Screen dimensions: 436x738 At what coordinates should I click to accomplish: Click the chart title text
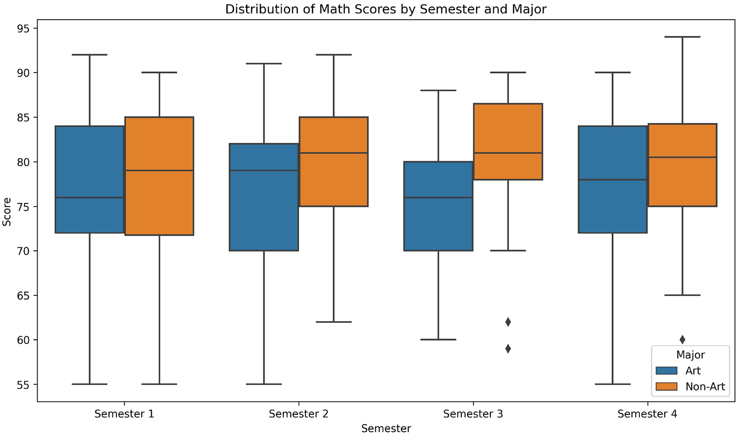(386, 9)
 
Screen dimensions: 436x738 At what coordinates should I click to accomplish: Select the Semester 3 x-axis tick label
(473, 414)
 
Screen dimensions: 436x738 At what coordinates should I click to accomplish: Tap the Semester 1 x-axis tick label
(124, 414)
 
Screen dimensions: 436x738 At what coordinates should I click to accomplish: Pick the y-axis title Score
(7, 212)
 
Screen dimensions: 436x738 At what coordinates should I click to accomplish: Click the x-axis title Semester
(386, 429)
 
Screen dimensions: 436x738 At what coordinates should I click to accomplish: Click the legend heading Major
(690, 355)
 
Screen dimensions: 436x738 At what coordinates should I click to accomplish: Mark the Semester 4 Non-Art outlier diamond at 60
(682, 340)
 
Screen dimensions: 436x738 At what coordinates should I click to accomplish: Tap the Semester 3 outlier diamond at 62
(508, 322)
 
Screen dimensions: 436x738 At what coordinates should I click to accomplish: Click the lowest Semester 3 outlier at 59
(508, 349)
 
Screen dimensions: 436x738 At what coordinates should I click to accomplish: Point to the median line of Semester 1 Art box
(90, 197)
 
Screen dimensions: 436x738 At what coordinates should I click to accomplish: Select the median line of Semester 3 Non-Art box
(508, 153)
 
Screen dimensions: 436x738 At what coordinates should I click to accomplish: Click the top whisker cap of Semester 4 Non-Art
(682, 37)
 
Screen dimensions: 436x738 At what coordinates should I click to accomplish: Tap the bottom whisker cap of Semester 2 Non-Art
(334, 322)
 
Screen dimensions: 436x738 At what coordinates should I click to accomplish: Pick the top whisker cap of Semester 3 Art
(439, 90)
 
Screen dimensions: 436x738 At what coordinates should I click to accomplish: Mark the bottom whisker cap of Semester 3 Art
(439, 340)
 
